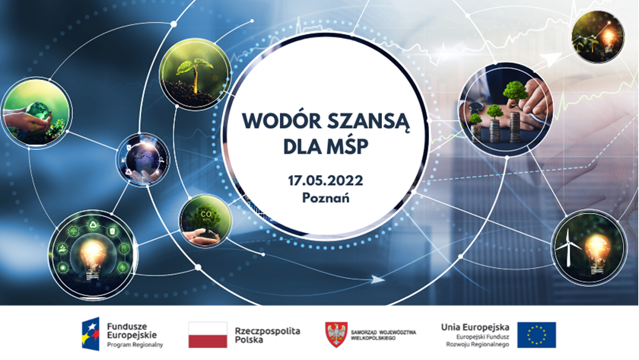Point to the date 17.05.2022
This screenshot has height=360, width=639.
326,180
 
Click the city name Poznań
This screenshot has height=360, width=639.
326,198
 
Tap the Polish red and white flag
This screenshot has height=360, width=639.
208,335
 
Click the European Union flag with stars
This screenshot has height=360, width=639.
536,335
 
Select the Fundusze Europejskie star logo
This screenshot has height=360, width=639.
91,334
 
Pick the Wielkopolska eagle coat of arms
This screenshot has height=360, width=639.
336,334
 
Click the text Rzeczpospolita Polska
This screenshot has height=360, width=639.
267,335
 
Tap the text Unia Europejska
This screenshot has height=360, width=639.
475,327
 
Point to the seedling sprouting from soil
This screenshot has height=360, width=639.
195,74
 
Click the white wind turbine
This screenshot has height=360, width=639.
567,247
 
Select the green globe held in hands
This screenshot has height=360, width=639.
37,112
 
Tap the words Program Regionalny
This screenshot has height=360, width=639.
135,345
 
